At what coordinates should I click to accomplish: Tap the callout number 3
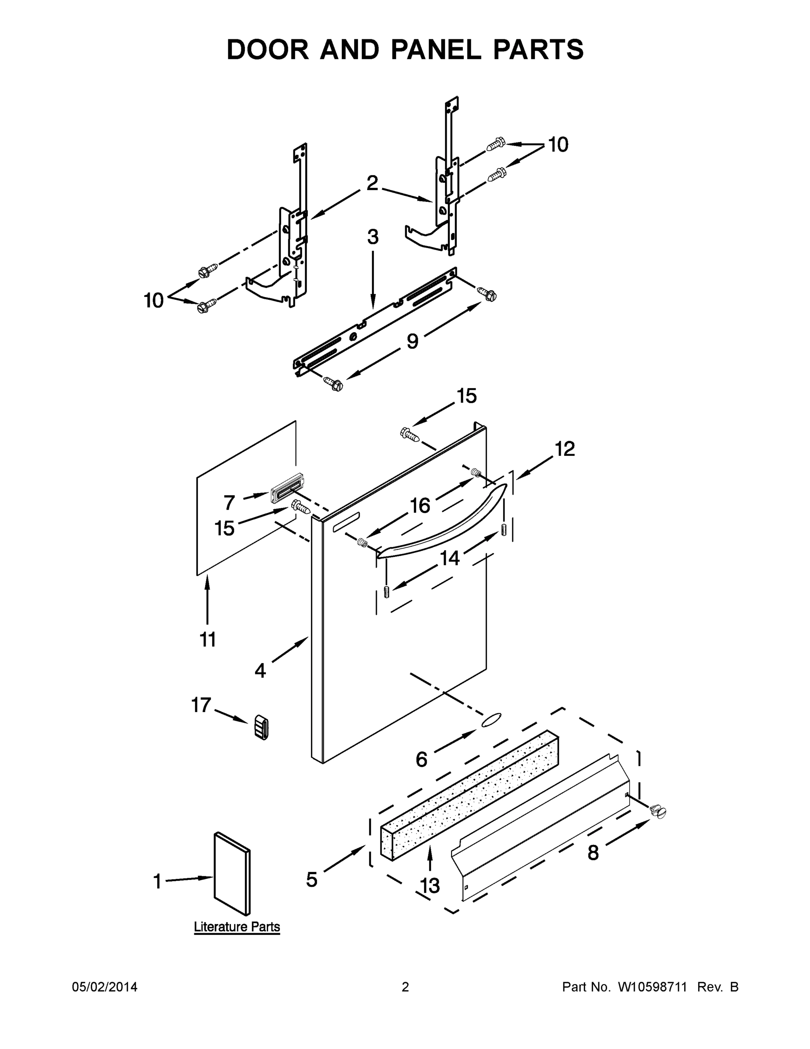(373, 237)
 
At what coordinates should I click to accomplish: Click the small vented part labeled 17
(261, 727)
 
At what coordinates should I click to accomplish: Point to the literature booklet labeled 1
(232, 873)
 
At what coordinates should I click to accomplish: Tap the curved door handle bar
(441, 524)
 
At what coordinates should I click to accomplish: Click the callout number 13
(430, 885)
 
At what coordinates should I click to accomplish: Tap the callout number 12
(565, 449)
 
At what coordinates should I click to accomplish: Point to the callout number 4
(260, 670)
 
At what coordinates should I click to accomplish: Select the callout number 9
(412, 341)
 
